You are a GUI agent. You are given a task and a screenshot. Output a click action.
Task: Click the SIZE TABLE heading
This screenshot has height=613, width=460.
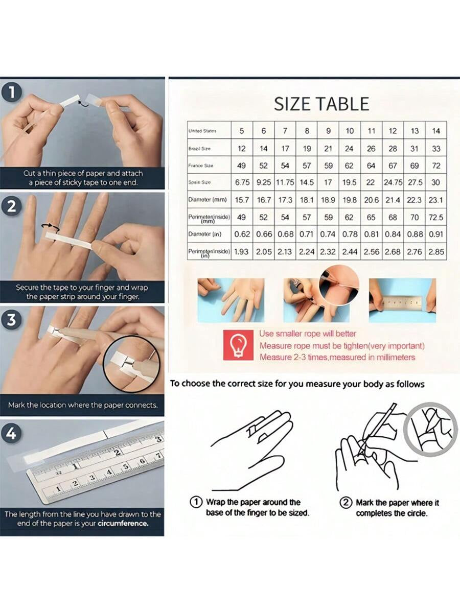click(x=321, y=104)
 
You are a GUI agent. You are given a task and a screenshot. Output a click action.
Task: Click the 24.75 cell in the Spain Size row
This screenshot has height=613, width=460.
click(x=393, y=182)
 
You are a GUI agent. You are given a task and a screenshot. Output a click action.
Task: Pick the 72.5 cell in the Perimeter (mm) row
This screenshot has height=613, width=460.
click(x=436, y=218)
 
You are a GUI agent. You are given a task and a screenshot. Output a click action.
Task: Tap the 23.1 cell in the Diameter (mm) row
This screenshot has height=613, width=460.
click(x=436, y=200)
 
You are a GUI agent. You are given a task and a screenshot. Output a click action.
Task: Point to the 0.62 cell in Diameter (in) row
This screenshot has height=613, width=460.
click(x=242, y=234)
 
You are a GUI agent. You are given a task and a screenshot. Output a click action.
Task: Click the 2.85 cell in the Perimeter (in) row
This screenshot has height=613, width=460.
click(x=436, y=252)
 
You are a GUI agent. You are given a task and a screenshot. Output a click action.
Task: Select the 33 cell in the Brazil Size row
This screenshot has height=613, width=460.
click(x=436, y=149)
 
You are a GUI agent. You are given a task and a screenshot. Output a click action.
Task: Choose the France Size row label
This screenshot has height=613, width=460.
click(x=201, y=166)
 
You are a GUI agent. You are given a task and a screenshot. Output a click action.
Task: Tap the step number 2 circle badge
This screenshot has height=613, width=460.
click(x=12, y=207)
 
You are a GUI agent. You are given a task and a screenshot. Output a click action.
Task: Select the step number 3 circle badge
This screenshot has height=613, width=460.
click(x=12, y=320)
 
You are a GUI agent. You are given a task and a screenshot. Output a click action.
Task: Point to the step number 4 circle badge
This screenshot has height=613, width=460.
click(x=12, y=434)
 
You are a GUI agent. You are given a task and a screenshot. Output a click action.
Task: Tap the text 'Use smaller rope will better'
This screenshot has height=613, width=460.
click(x=308, y=334)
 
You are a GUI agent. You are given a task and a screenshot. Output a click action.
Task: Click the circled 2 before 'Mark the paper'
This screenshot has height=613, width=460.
click(x=346, y=503)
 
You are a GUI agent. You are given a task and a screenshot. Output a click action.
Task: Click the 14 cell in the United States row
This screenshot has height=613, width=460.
click(x=436, y=131)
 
